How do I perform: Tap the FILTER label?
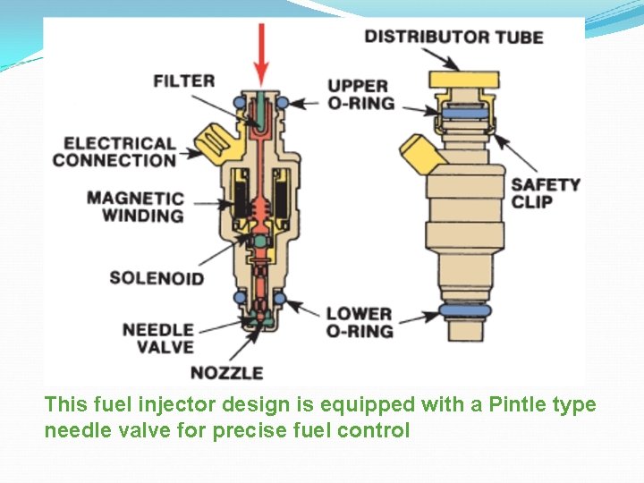(x=184, y=80)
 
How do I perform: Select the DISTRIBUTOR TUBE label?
(x=453, y=37)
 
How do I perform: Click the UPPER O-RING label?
(x=360, y=94)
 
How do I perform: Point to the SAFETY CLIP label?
(x=546, y=193)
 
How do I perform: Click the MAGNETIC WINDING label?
(x=136, y=207)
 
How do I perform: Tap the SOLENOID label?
(x=157, y=278)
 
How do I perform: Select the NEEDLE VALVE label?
(x=157, y=338)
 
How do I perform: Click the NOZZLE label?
(x=227, y=372)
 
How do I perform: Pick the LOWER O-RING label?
(x=360, y=322)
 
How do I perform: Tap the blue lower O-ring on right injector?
(x=464, y=311)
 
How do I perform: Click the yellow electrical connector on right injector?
(x=420, y=154)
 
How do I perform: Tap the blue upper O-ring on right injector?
(x=462, y=114)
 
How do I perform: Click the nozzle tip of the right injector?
(x=464, y=331)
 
